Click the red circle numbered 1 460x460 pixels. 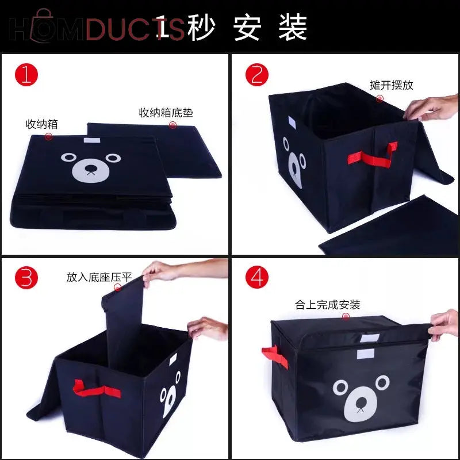[26, 75]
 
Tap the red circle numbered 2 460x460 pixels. [257, 75]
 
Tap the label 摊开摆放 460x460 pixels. [391, 85]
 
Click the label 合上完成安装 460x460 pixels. [327, 305]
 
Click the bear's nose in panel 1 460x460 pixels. [90, 170]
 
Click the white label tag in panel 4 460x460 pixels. [364, 352]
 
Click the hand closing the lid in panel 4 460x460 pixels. [445, 325]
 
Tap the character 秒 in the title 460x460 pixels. [201, 27]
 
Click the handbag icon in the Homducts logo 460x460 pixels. [41, 26]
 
